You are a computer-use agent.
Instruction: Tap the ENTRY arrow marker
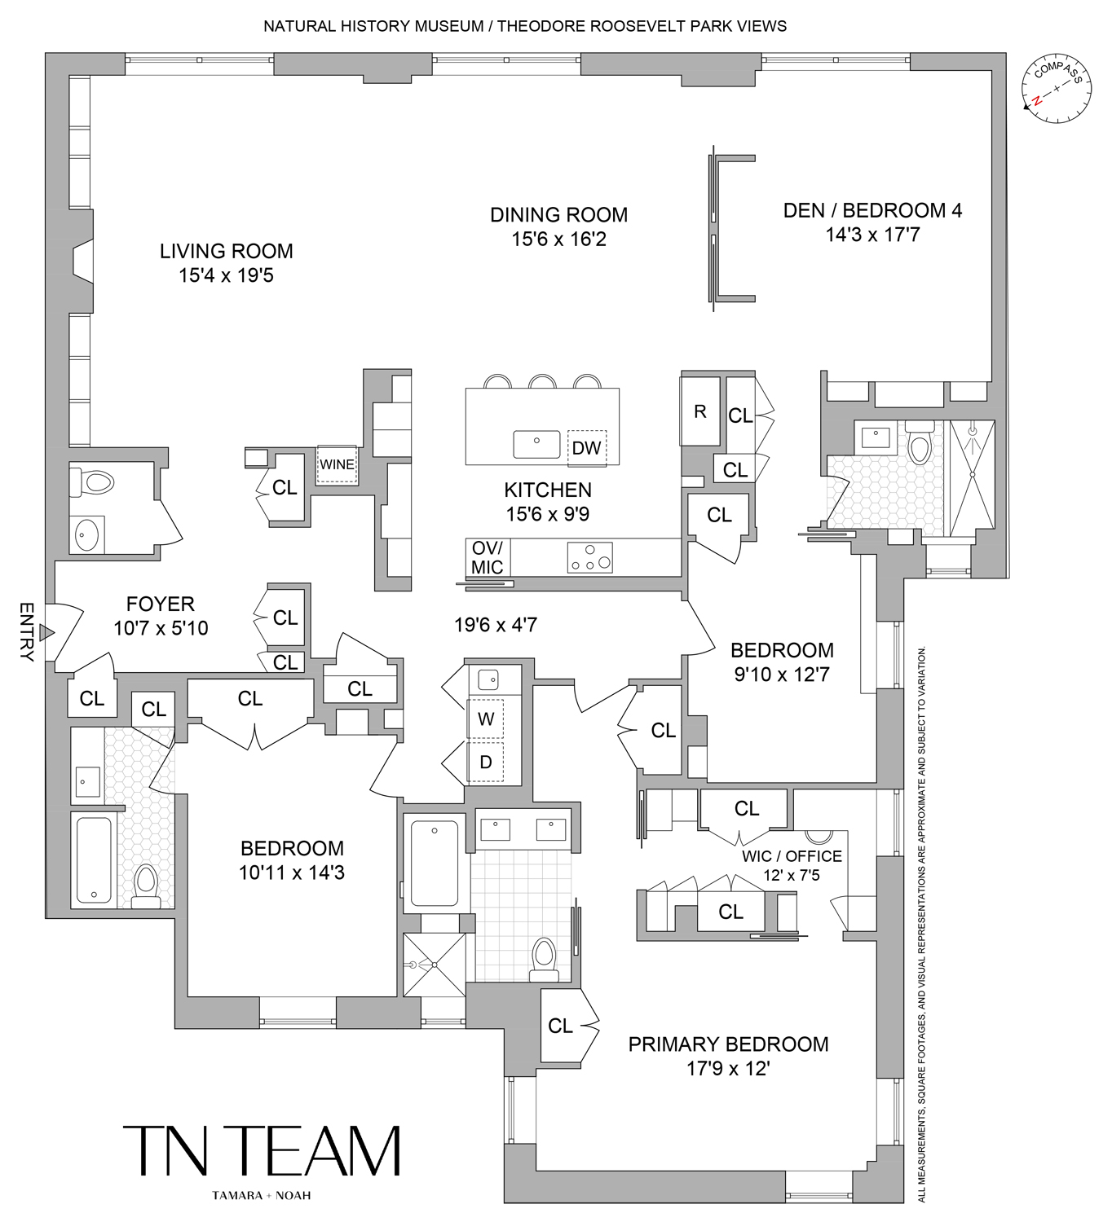(47, 633)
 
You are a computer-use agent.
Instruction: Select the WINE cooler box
(336, 464)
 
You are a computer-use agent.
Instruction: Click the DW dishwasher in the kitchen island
(586, 447)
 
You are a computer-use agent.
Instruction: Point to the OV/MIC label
(488, 557)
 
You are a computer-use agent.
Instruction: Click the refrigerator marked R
(699, 411)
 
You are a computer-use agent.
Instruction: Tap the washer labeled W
(486, 719)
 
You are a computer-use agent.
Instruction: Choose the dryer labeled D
(486, 763)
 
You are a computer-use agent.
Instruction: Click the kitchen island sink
(536, 445)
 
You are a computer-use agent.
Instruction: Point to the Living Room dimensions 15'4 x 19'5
(226, 275)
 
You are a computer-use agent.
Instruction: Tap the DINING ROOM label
(558, 215)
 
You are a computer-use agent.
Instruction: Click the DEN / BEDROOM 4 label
(872, 210)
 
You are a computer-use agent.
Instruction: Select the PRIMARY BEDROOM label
(728, 1044)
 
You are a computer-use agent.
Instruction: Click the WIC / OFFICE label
(791, 856)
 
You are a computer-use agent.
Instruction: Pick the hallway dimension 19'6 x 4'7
(495, 625)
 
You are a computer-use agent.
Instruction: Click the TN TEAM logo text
(262, 1151)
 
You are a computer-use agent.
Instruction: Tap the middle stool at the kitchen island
(542, 381)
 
